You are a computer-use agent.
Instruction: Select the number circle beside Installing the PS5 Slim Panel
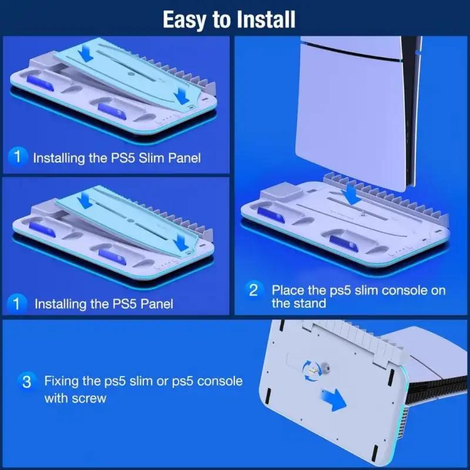point(18,157)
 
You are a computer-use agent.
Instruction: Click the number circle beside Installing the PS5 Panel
point(19,303)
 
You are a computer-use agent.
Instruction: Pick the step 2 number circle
point(254,290)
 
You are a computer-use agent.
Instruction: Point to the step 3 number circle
point(26,381)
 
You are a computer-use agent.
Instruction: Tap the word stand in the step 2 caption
point(309,303)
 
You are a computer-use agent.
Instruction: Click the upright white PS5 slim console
point(352,106)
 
